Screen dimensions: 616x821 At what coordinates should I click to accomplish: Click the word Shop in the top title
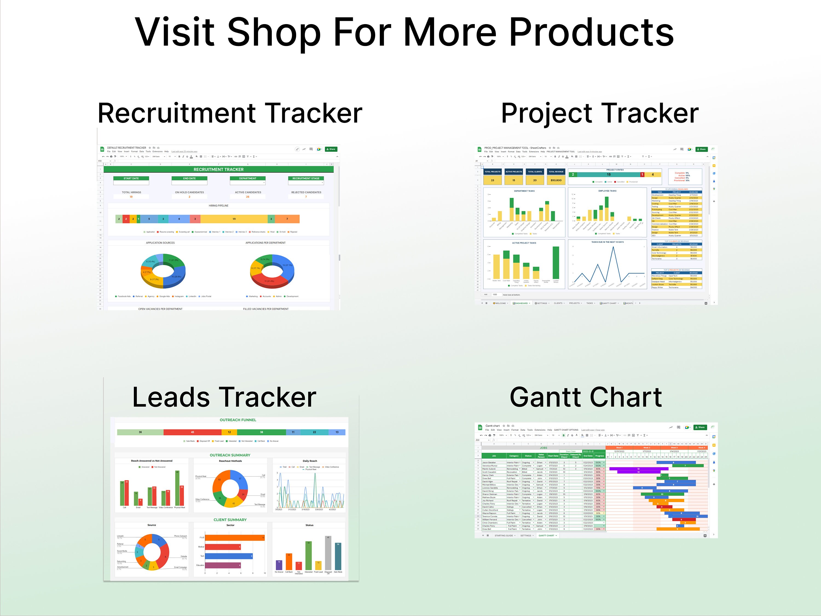(274, 32)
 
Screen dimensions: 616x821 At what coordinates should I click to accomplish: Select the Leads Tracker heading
(224, 397)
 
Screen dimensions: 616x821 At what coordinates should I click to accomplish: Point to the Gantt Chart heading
(586, 397)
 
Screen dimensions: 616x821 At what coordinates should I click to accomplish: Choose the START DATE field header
(131, 178)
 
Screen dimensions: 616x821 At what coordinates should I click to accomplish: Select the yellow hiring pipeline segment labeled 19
(234, 219)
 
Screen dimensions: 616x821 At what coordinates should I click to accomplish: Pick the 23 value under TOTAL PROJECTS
(493, 180)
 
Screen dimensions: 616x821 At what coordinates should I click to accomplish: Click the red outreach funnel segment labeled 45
(192, 432)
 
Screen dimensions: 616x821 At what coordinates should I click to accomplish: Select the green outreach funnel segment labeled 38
(261, 432)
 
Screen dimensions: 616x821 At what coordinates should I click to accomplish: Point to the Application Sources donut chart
(163, 271)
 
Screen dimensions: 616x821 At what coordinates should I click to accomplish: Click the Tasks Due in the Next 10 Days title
(607, 242)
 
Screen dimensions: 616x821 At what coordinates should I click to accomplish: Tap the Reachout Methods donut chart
(230, 488)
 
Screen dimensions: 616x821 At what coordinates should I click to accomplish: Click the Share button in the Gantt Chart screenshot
(700, 427)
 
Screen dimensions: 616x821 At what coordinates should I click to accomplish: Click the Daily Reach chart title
(310, 461)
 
